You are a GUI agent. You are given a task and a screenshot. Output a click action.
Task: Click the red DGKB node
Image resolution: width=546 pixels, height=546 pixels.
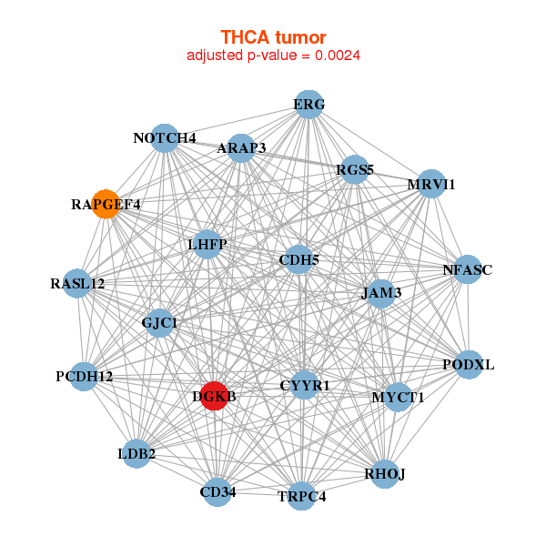[213, 396]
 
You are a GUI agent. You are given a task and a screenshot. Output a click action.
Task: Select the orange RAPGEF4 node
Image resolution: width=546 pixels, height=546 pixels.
[106, 204]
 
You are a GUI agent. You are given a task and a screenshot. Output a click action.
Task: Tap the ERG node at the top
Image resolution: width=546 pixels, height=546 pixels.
[308, 105]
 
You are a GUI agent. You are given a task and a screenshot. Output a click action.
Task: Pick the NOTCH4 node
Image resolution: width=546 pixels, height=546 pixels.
[164, 138]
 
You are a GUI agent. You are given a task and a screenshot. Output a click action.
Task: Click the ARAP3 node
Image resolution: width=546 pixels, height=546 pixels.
[241, 147]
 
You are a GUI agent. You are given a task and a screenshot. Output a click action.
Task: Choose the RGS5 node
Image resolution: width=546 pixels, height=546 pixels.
[354, 169]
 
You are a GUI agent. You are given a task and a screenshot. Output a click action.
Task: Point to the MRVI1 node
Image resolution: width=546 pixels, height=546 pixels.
[430, 185]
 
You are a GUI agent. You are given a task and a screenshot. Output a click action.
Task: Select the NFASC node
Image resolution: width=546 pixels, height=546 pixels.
[467, 269]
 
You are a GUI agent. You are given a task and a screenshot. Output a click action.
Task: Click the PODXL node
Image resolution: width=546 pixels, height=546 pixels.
[469, 364]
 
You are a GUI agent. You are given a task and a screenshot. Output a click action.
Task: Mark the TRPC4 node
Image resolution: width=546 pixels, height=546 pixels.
[302, 496]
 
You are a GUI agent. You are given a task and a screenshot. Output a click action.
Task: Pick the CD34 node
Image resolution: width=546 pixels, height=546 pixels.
[217, 492]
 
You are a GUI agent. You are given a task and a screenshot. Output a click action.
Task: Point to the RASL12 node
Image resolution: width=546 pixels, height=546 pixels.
[78, 283]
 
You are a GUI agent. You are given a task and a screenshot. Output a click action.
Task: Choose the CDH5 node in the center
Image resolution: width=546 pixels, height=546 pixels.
[298, 260]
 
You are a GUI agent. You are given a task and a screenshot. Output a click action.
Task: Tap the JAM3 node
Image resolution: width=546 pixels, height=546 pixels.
[381, 292]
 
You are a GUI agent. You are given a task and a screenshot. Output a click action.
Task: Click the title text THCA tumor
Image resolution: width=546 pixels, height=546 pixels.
[273, 37]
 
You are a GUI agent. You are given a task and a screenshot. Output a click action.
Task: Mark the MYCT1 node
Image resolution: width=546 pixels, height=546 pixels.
[398, 397]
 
